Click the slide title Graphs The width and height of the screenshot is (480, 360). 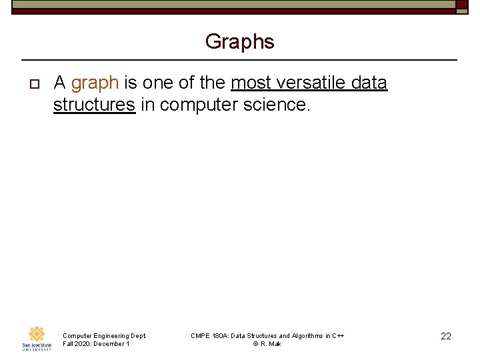coord(239,42)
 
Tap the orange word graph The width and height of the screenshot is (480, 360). coord(95,83)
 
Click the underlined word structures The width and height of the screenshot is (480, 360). coord(94,105)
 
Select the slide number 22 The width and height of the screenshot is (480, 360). coord(446,337)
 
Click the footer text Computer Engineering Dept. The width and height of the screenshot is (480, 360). coord(104,336)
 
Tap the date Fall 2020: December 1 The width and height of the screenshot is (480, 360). coord(96,344)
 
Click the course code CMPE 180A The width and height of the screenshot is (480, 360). coord(208,336)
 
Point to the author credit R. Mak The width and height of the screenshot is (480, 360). coord(271,344)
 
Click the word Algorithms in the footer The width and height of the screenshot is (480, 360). coord(309,336)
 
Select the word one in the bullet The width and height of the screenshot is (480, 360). coord(158,83)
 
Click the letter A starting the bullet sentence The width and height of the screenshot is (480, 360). coord(59,83)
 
